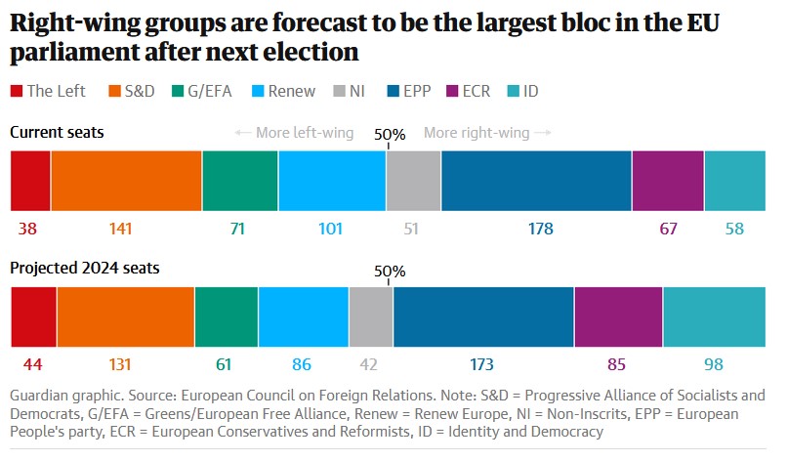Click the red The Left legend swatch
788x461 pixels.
click(x=17, y=91)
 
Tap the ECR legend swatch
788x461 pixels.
click(x=452, y=91)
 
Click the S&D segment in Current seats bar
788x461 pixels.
click(x=126, y=182)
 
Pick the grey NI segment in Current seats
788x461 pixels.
click(x=413, y=182)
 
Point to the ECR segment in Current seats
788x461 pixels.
click(x=668, y=182)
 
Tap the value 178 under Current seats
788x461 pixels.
click(x=540, y=230)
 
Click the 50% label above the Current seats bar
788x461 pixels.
click(x=391, y=135)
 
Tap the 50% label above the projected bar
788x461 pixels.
click(x=391, y=272)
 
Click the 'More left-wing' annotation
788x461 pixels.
click(x=299, y=132)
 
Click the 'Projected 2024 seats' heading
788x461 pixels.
click(x=85, y=268)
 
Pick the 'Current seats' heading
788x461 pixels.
click(x=57, y=131)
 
